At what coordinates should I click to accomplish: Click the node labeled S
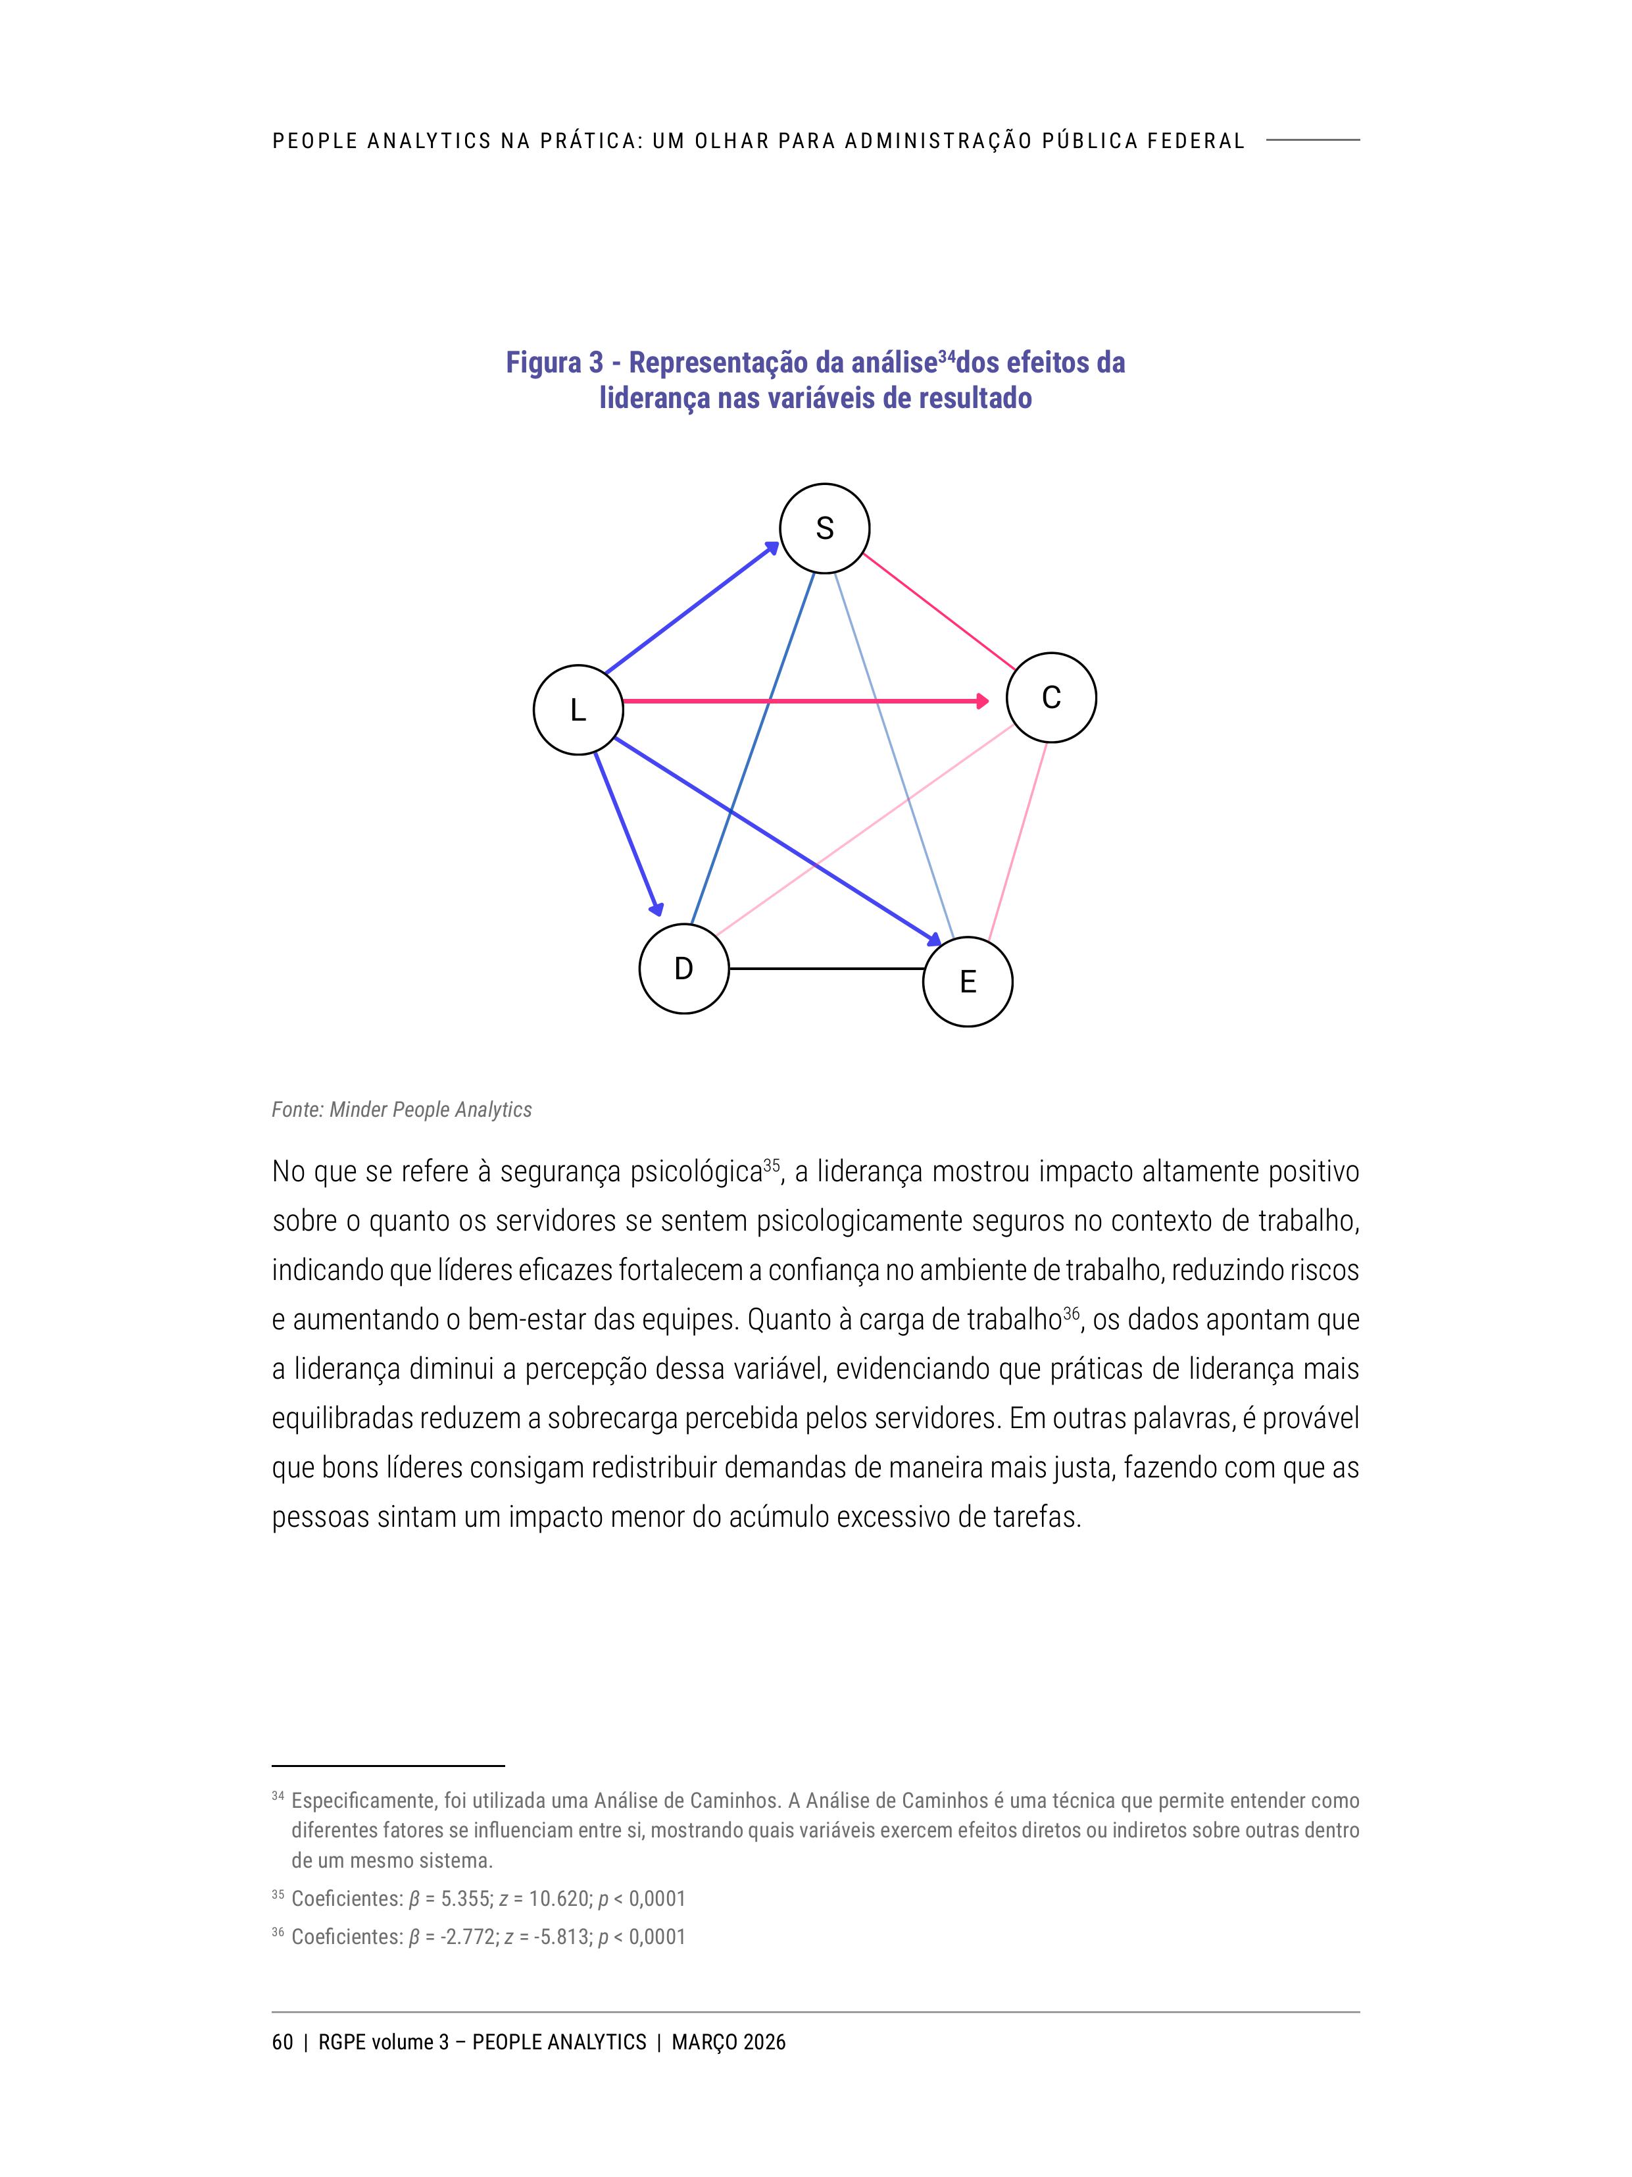click(x=824, y=528)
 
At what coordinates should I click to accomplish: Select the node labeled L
click(x=578, y=709)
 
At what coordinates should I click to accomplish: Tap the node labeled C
click(x=1051, y=697)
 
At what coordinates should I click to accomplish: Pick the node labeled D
click(x=683, y=969)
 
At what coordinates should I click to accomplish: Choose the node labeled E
click(x=967, y=981)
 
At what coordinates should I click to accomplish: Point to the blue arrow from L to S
click(x=689, y=609)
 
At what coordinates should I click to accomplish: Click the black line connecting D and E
click(x=826, y=969)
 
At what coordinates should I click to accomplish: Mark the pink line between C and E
click(x=1017, y=842)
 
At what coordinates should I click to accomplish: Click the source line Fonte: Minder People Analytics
click(x=401, y=1110)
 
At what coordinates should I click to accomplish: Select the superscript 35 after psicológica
click(x=771, y=1164)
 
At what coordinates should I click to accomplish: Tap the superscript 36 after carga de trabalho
click(x=1072, y=1312)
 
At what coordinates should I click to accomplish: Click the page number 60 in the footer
click(x=282, y=2042)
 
